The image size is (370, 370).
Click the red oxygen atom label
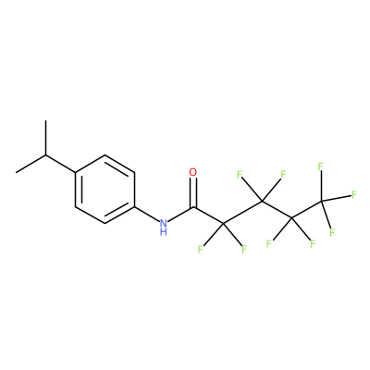pos(193,172)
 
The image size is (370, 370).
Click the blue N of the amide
pos(164,223)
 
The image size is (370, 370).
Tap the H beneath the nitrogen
pos(164,231)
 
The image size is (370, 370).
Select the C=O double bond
pos(193,192)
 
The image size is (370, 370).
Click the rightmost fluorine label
pos(354,194)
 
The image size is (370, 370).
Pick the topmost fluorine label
pos(320,166)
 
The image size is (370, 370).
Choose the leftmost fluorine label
pos(200,249)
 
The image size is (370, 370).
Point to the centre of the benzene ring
pos(105,189)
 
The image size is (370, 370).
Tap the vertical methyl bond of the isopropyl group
pos(45,138)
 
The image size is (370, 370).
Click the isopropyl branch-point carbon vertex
pos(45,154)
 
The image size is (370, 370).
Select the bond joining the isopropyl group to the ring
pos(60,164)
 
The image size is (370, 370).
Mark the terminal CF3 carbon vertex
pos(322,202)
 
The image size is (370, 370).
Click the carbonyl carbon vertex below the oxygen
pos(193,206)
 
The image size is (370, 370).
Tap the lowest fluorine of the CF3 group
pos(332,232)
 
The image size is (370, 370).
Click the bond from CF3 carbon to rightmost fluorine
pos(337,198)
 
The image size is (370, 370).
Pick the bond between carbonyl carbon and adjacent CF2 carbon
pos(208,215)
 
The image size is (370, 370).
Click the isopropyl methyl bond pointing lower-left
pos(31,164)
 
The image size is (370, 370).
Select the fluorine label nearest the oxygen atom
pos(240,175)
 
